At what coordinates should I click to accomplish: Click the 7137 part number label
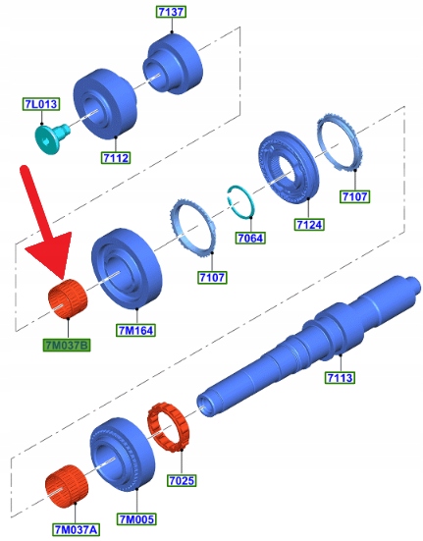click(x=171, y=12)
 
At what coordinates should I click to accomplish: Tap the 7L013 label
click(x=41, y=104)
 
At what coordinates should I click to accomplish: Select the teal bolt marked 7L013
click(x=52, y=138)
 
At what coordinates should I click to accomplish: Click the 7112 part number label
click(x=116, y=158)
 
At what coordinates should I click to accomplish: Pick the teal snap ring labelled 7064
click(x=240, y=202)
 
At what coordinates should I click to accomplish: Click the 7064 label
click(x=250, y=238)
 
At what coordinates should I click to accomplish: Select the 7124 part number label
click(x=309, y=225)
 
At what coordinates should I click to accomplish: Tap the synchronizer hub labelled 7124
click(x=289, y=167)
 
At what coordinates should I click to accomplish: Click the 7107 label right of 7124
click(x=354, y=196)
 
